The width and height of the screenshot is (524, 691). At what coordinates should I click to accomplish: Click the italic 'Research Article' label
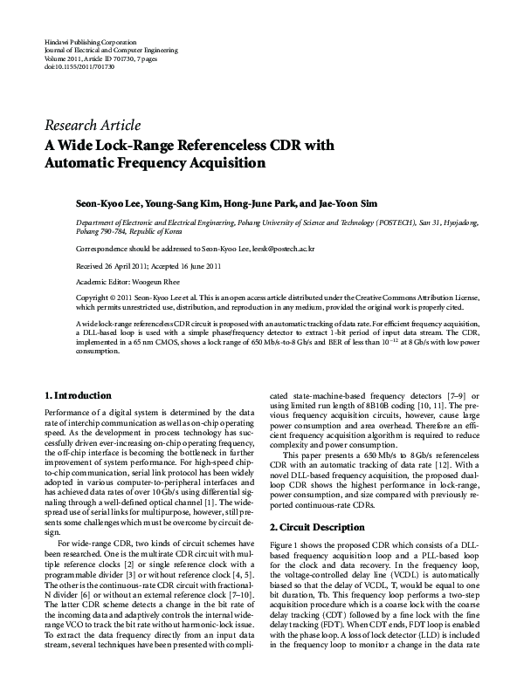(x=92, y=126)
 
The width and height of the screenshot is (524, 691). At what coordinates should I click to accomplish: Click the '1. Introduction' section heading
(x=78, y=395)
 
